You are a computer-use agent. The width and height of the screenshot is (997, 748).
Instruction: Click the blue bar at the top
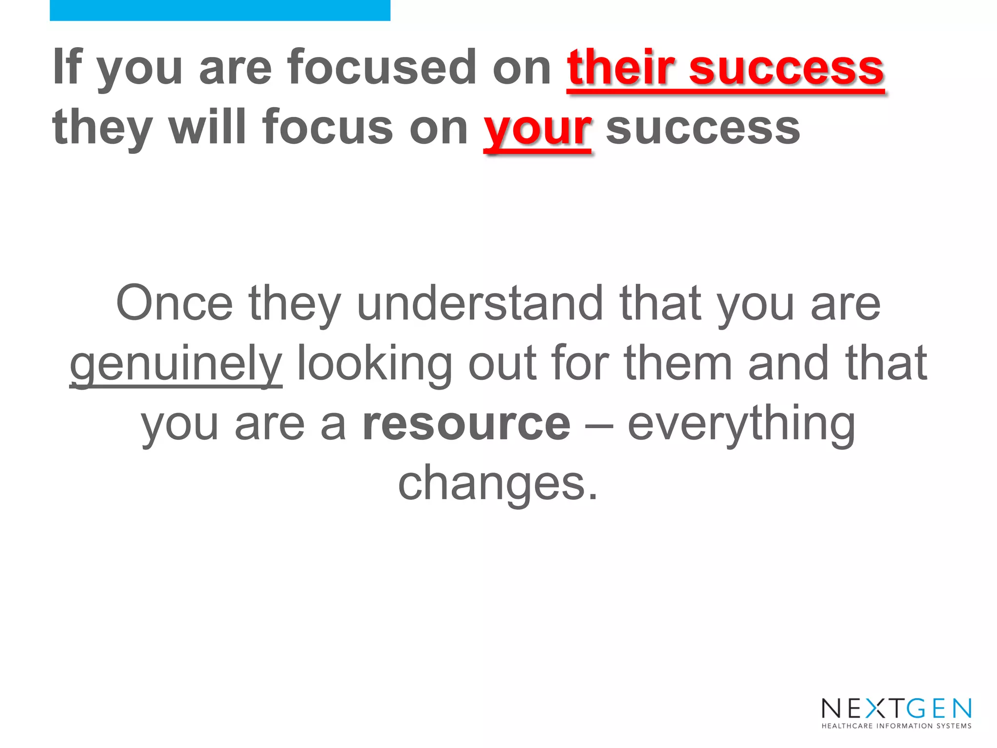[x=220, y=10]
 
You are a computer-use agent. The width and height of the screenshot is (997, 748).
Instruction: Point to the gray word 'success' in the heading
[x=702, y=128]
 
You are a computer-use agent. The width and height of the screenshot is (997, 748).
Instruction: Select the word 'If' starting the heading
[x=67, y=67]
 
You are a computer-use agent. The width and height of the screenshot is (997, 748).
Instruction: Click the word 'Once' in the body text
[x=174, y=303]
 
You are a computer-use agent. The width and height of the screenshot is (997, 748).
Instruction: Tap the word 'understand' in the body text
[x=480, y=303]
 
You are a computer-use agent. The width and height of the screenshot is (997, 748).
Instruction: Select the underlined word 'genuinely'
[x=176, y=364]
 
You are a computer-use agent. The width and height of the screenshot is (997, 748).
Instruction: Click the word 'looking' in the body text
[x=374, y=364]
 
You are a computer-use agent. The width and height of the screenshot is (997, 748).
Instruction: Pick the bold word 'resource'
[x=466, y=424]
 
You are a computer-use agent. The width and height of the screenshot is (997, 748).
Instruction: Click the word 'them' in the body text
[x=678, y=363]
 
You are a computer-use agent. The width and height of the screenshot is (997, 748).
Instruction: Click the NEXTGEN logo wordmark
[x=896, y=708]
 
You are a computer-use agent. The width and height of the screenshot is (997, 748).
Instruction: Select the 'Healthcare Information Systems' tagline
[x=896, y=726]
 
